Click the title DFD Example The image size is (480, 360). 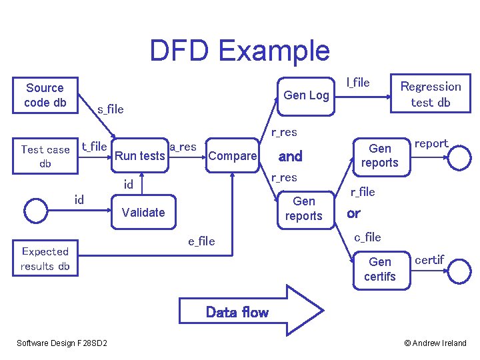(x=239, y=51)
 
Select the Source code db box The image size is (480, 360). (x=45, y=95)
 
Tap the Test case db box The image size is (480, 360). (x=45, y=157)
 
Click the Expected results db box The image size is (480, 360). (x=45, y=259)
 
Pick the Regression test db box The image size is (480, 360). (x=430, y=94)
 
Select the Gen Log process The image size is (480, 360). (x=306, y=95)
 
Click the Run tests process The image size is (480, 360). (x=140, y=156)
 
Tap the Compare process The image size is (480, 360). (x=232, y=156)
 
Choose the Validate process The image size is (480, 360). (x=143, y=213)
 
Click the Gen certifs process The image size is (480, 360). (x=379, y=269)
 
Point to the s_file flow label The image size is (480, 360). (x=111, y=109)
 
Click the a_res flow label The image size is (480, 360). (x=183, y=147)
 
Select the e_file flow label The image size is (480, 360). (x=201, y=241)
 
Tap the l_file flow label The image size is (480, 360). (x=358, y=83)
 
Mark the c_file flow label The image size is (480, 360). (x=367, y=237)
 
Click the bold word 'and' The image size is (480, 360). (x=290, y=157)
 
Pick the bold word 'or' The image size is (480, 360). (x=353, y=214)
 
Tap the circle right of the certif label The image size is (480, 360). (x=458, y=270)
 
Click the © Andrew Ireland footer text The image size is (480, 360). (x=435, y=343)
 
